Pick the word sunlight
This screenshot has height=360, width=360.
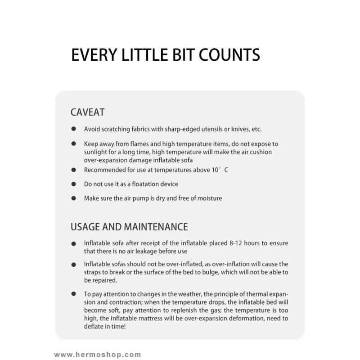pos(97,152)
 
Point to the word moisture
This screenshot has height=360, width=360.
pos(209,198)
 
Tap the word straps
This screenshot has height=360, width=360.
pos(94,272)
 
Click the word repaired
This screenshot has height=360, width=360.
pos(104,279)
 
